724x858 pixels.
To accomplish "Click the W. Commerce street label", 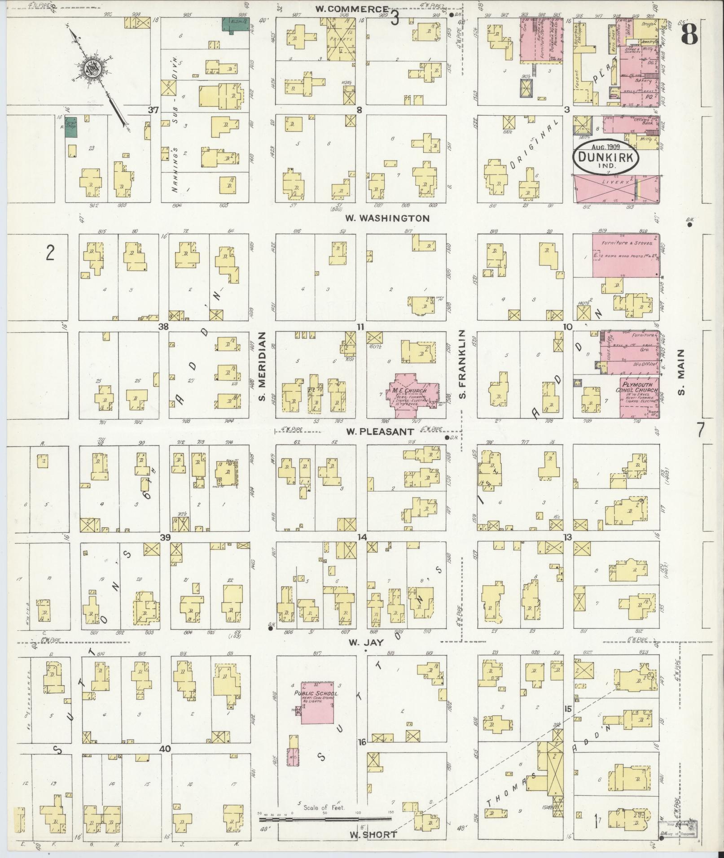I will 351,9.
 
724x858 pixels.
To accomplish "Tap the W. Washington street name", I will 387,218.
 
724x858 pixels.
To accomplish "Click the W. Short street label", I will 373,835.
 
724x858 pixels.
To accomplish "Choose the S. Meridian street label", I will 263,366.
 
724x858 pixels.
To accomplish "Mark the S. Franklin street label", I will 462,364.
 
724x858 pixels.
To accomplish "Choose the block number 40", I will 165,749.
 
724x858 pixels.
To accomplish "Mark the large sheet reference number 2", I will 50,253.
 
